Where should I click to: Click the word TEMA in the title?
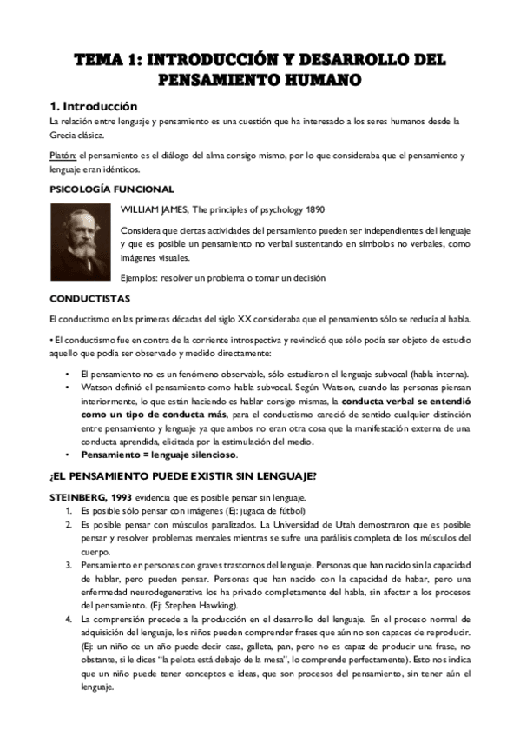pos(98,60)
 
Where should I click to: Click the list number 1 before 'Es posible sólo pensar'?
pos(69,510)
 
